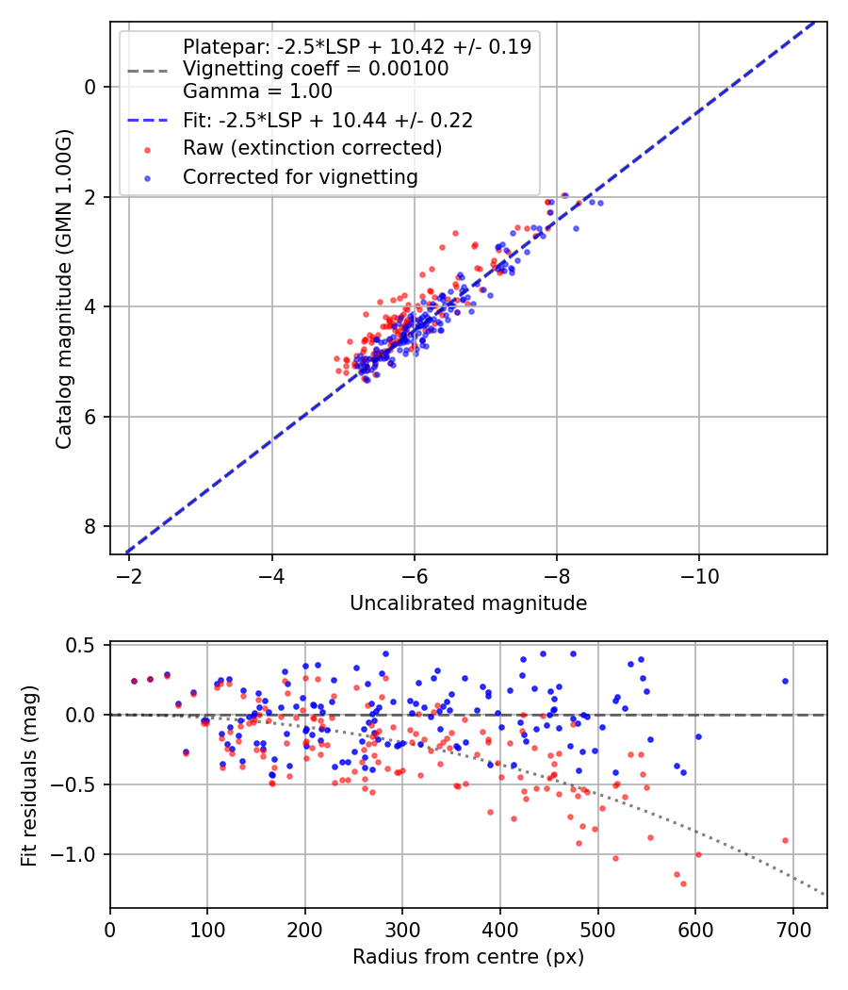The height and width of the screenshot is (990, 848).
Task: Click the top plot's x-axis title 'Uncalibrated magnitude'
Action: (468, 603)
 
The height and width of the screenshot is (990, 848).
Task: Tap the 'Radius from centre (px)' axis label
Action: (468, 957)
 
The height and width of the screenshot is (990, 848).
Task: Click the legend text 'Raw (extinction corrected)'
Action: (312, 148)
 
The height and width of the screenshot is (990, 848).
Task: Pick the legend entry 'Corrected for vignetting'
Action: (300, 176)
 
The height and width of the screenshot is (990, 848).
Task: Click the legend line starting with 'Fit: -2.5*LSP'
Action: (327, 120)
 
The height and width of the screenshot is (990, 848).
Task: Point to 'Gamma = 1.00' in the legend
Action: (257, 91)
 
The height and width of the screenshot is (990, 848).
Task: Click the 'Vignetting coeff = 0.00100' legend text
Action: (316, 69)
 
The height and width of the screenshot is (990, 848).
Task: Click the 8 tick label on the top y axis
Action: (90, 526)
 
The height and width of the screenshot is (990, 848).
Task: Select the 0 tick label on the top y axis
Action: (90, 87)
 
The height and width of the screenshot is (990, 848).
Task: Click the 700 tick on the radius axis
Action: (792, 929)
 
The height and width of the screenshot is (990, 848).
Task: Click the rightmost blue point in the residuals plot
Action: (785, 681)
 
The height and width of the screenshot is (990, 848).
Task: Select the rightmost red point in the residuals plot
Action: (785, 840)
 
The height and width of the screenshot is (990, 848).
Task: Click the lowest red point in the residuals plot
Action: (683, 883)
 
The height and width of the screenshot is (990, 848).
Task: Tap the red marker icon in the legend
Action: (147, 149)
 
